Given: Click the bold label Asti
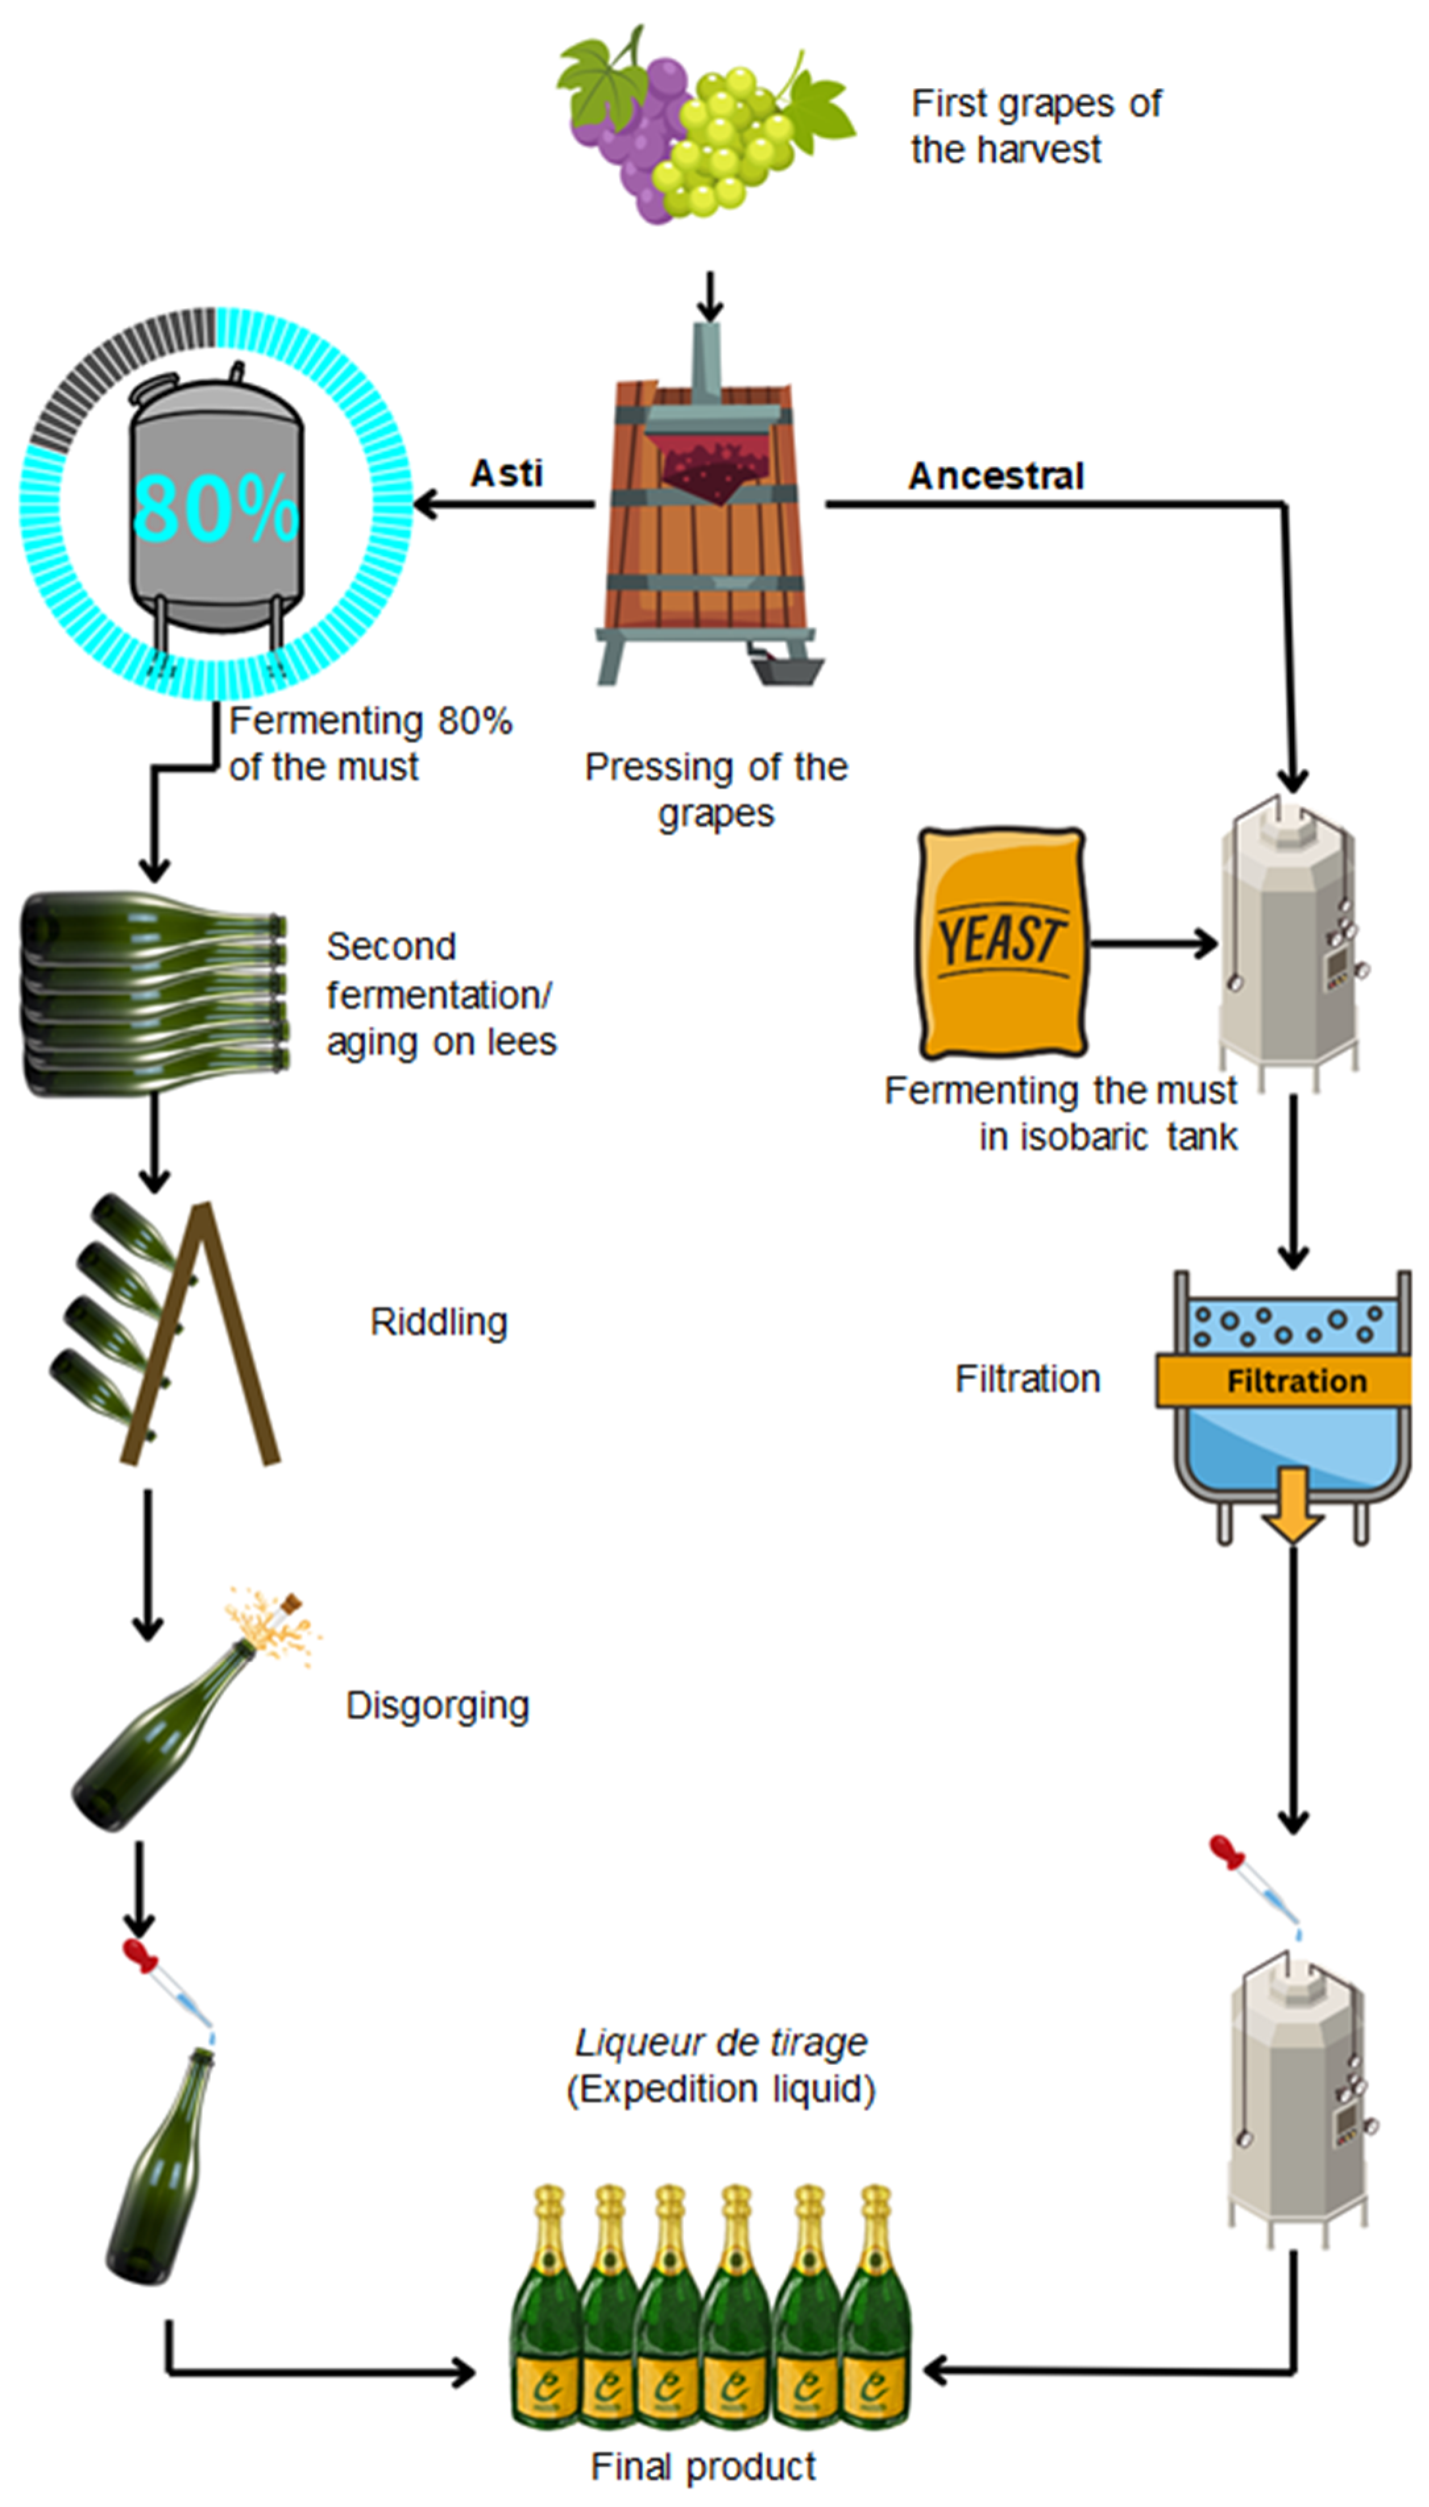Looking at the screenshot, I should [507, 473].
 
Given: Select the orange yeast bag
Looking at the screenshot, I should [1001, 942].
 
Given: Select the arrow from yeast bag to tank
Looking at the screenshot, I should [1153, 943].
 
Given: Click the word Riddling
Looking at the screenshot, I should [439, 1322].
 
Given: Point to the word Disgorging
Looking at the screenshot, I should [437, 1705].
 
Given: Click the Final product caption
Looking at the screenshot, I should [703, 2466].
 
